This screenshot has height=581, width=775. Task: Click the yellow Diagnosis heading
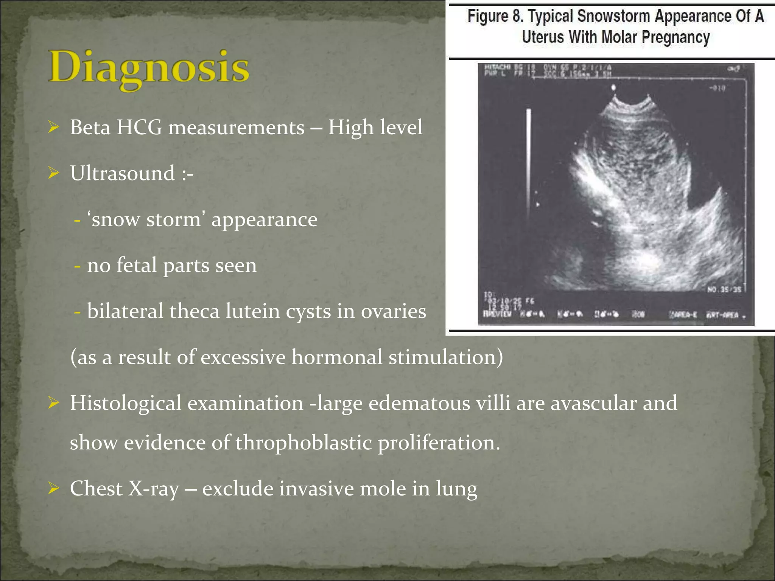pyautogui.click(x=149, y=68)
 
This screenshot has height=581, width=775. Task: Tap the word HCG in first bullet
pyautogui.click(x=139, y=127)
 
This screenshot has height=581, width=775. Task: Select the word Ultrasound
pyautogui.click(x=122, y=173)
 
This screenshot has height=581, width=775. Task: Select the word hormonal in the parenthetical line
pyautogui.click(x=337, y=357)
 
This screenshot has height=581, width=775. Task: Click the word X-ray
pyautogui.click(x=153, y=489)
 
